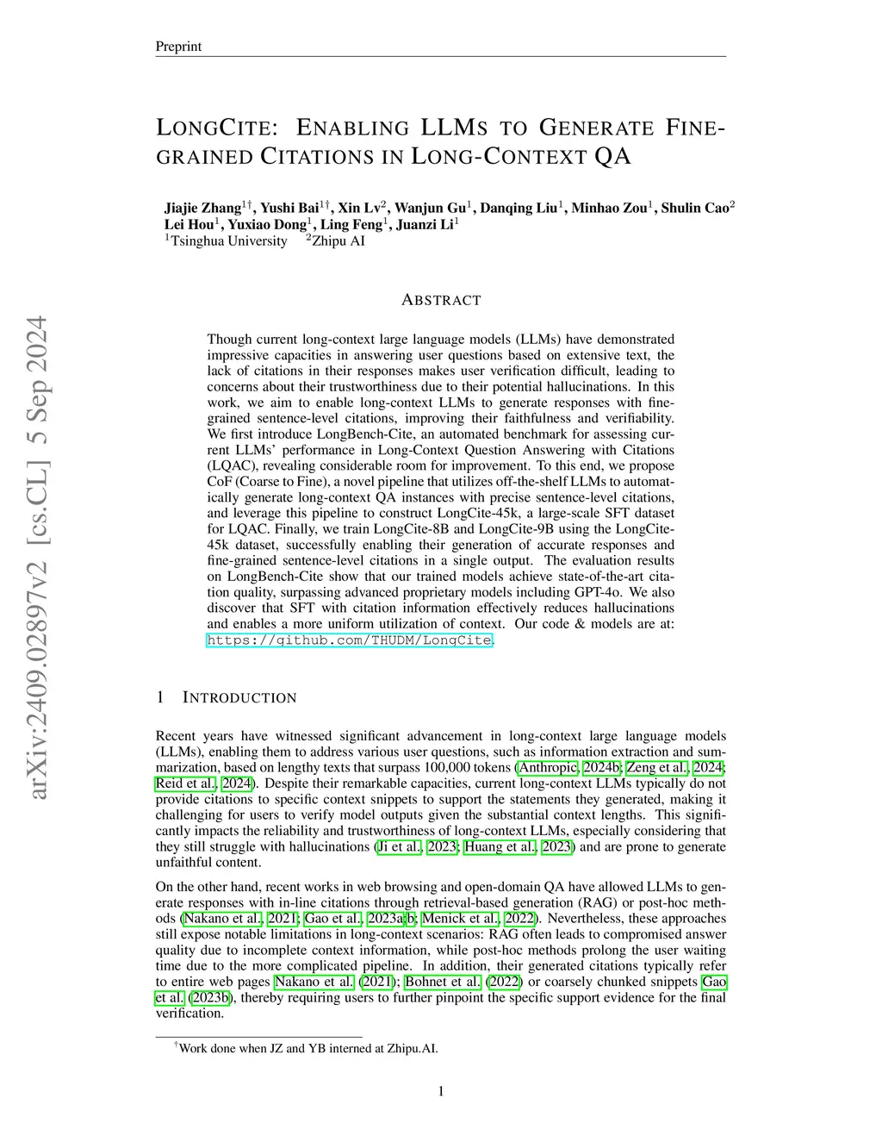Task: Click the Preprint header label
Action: (178, 47)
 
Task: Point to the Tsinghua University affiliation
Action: (228, 241)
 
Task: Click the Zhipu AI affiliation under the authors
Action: (339, 241)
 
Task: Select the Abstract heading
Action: (441, 300)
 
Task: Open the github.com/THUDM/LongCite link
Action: (350, 640)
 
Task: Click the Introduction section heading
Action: (239, 697)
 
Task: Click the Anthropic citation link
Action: (548, 768)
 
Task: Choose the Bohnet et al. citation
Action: (443, 982)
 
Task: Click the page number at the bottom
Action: (441, 1092)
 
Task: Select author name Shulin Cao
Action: (696, 209)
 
